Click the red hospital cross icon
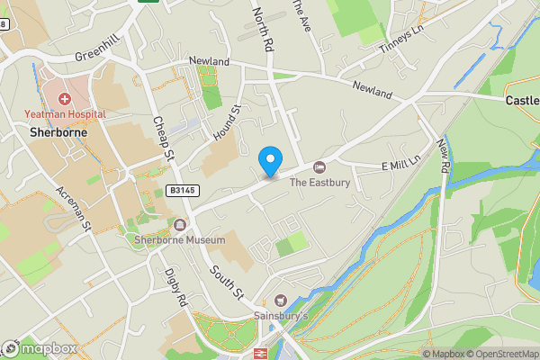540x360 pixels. pyautogui.click(x=64, y=98)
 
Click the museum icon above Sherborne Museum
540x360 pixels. pyautogui.click(x=181, y=225)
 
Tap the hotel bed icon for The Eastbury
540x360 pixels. pyautogui.click(x=319, y=167)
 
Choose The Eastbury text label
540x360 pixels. pyautogui.click(x=318, y=182)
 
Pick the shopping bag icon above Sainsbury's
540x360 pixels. pyautogui.click(x=280, y=301)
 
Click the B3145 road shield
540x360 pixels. pyautogui.click(x=181, y=191)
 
